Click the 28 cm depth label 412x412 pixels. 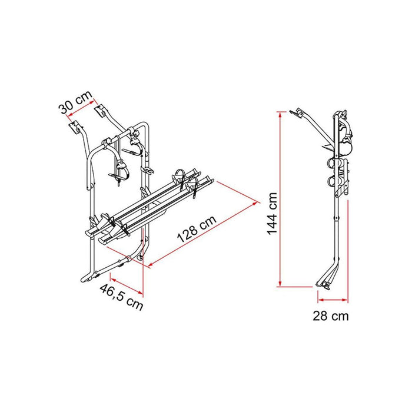(330, 316)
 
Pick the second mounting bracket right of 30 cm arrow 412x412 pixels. (103, 112)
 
